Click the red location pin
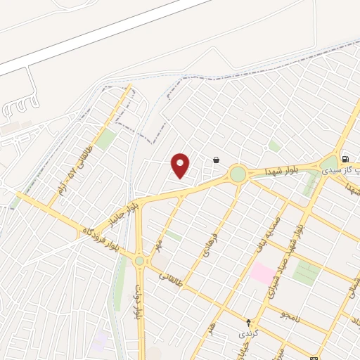[181, 165]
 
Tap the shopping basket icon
[215, 160]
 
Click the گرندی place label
[247, 332]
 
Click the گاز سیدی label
[340, 170]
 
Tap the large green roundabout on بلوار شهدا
[238, 173]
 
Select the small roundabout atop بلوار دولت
[140, 261]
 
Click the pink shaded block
[262, 273]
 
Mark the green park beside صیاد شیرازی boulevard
[306, 273]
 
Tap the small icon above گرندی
[247, 321]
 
